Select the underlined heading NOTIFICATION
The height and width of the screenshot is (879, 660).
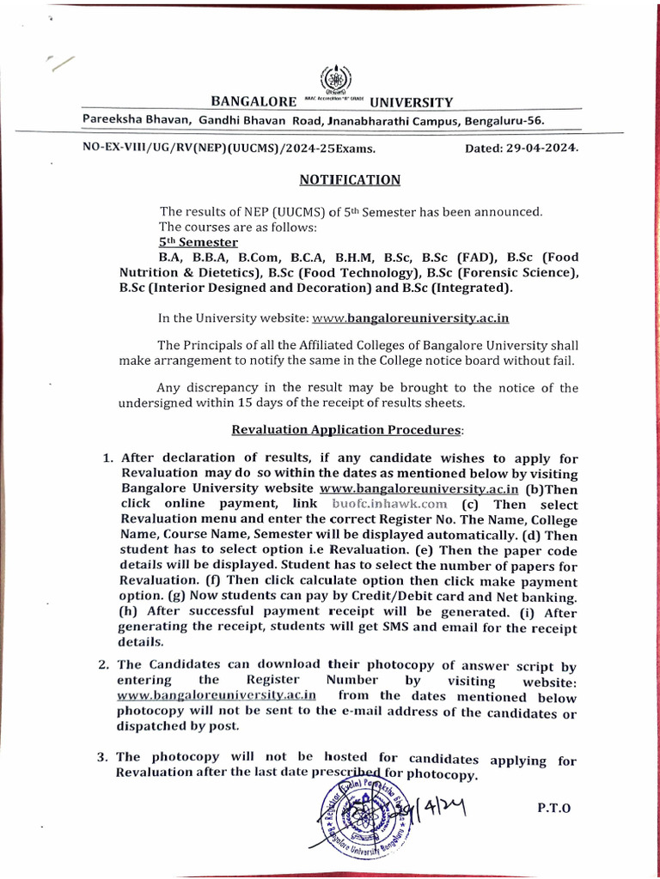pos(350,179)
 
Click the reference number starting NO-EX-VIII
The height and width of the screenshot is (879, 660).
pos(229,148)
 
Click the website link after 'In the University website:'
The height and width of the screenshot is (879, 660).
pos(411,318)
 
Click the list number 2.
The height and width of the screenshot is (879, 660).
pos(102,664)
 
